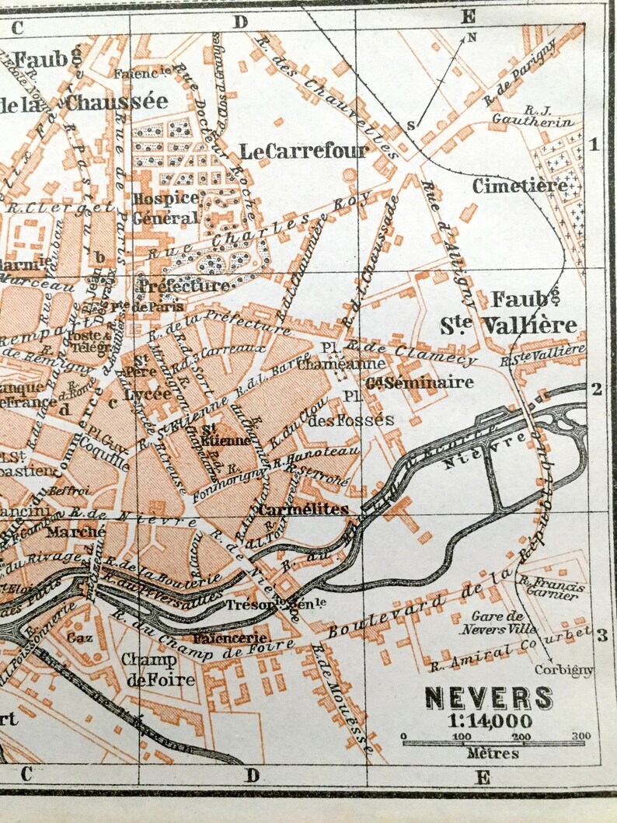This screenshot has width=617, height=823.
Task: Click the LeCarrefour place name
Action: (x=302, y=151)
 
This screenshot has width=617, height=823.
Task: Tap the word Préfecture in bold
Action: (x=184, y=285)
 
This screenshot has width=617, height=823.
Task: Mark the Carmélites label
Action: (x=302, y=510)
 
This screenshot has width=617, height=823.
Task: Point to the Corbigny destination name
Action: (x=563, y=669)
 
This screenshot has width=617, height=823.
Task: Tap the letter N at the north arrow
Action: (x=471, y=37)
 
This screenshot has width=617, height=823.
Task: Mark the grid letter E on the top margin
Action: (x=468, y=16)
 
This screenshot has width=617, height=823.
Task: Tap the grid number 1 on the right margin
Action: (x=594, y=145)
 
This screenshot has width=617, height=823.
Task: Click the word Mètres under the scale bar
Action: (x=493, y=752)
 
